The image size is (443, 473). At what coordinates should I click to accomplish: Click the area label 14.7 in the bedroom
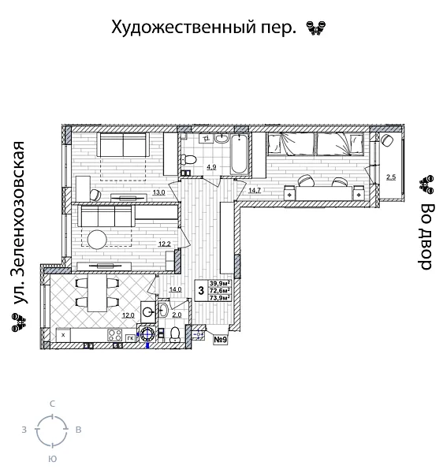[255, 191]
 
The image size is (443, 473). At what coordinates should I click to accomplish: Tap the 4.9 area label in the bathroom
[211, 167]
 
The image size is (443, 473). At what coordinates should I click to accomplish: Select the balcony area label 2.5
[391, 177]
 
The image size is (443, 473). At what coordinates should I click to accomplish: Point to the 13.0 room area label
[158, 192]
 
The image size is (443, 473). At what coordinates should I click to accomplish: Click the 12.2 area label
[164, 244]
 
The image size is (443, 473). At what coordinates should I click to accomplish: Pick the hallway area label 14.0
[176, 289]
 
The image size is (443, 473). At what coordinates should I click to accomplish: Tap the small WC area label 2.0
[177, 315]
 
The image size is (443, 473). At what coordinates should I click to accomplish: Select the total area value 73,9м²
[220, 298]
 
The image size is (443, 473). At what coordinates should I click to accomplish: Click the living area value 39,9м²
[220, 284]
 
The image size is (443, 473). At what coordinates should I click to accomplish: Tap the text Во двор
[426, 236]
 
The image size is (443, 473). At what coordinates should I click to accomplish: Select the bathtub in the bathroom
[238, 155]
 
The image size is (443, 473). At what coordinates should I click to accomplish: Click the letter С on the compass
[52, 404]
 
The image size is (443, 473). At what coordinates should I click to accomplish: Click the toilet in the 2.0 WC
[175, 337]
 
